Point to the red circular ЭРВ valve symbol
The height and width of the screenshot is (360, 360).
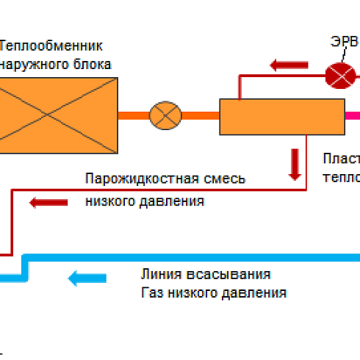[339, 73]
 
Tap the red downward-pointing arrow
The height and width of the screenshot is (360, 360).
[295, 165]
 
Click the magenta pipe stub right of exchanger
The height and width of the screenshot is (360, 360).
[353, 116]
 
